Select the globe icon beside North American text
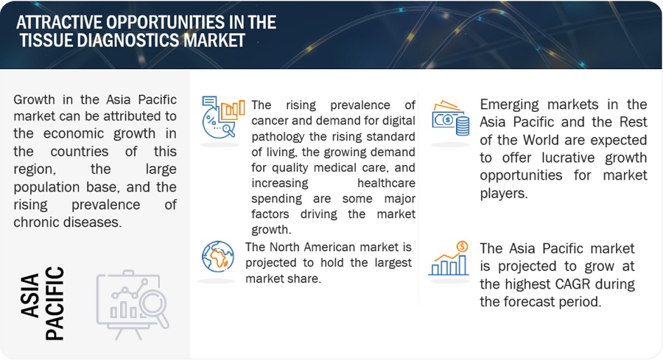218,257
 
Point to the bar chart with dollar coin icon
449,258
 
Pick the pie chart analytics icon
222,117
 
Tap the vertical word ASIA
30,295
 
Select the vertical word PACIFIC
55,303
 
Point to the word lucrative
568,158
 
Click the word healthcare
386,183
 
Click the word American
334,247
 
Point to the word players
504,194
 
